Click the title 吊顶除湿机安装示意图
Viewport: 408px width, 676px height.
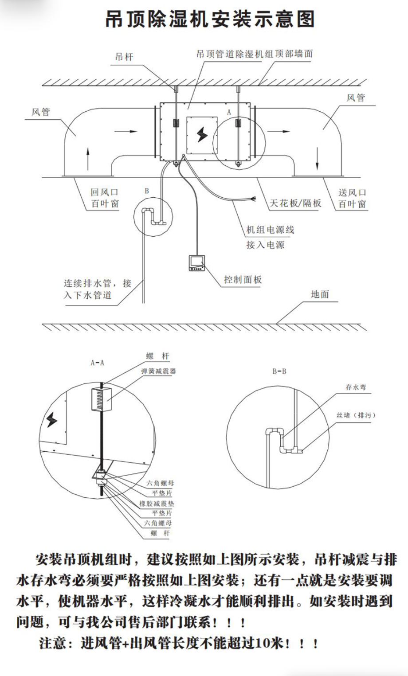tap(210, 20)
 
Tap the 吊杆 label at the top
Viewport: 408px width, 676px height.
tap(124, 57)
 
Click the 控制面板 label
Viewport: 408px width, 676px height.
tap(243, 279)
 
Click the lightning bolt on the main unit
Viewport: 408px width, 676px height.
tap(202, 134)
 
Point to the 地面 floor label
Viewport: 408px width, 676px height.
tap(320, 294)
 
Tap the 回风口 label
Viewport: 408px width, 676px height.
tap(105, 192)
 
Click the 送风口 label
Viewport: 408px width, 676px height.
tap(353, 192)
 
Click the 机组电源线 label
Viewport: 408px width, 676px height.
tap(270, 230)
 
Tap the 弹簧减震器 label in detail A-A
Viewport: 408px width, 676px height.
tap(159, 371)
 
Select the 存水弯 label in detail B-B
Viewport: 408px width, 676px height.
tap(356, 387)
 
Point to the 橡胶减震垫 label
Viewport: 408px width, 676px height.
tap(157, 504)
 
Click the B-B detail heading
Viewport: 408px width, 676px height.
tap(279, 371)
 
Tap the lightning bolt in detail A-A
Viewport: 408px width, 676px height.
tap(52, 419)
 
